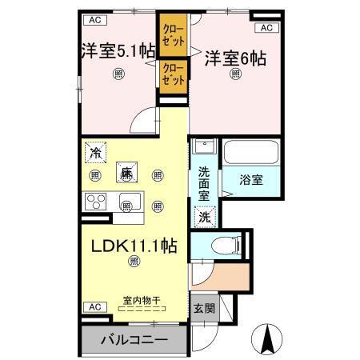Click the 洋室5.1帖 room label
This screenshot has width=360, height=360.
click(x=118, y=51)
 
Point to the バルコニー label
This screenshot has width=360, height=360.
click(x=134, y=340)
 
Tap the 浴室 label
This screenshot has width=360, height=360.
click(x=250, y=180)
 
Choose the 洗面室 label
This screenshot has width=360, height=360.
click(x=204, y=182)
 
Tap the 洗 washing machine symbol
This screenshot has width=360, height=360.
click(x=205, y=216)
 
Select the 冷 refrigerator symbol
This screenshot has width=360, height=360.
click(x=96, y=152)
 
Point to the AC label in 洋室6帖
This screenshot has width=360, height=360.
click(x=266, y=27)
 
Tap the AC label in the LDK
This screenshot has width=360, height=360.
click(x=94, y=306)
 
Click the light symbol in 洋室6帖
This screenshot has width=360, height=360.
click(x=236, y=74)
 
